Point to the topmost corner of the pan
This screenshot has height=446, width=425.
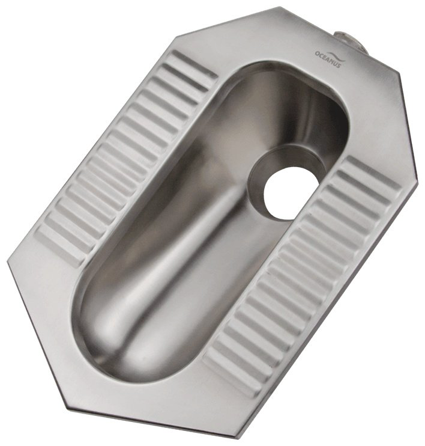pyautogui.click(x=280, y=7)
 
